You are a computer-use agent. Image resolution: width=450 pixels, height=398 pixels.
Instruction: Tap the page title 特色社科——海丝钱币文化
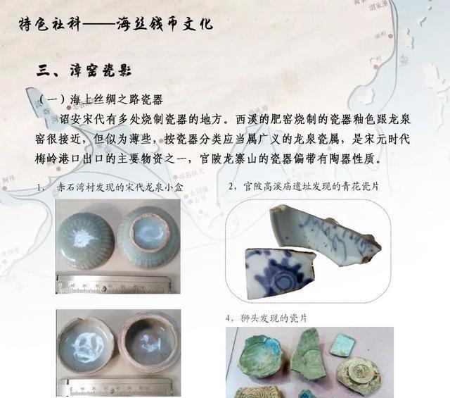click(116, 25)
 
